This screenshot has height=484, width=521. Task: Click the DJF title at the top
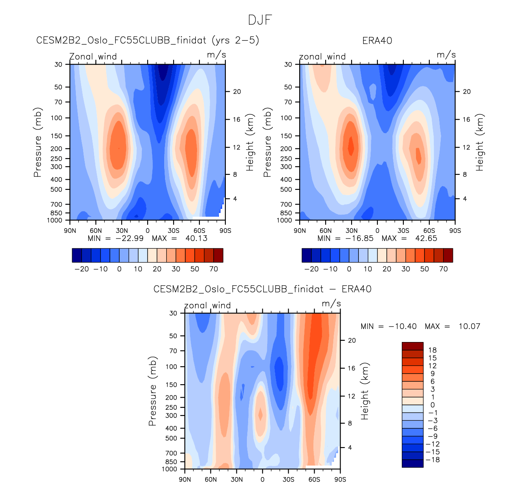(x=260, y=20)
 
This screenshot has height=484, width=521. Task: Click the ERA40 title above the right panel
(x=377, y=41)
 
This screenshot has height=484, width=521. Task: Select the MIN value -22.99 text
(x=130, y=239)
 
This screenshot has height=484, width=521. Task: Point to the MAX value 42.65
(x=426, y=239)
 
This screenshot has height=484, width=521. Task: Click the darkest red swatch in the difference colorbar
(x=412, y=346)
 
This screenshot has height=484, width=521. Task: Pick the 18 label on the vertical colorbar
(x=433, y=350)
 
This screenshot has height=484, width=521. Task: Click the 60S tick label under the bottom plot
(x=314, y=480)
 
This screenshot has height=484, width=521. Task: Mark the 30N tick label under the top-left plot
(x=122, y=231)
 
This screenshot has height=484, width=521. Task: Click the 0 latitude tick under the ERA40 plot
(x=377, y=231)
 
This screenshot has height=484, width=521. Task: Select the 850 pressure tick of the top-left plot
(x=57, y=213)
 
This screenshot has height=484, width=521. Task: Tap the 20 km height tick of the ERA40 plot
(x=467, y=92)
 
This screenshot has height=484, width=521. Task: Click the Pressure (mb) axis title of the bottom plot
(x=152, y=392)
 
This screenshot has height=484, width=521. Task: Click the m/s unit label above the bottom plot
(x=331, y=304)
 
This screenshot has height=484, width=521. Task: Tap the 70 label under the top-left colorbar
(x=214, y=269)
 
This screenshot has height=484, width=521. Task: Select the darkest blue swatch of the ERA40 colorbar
(x=307, y=256)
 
